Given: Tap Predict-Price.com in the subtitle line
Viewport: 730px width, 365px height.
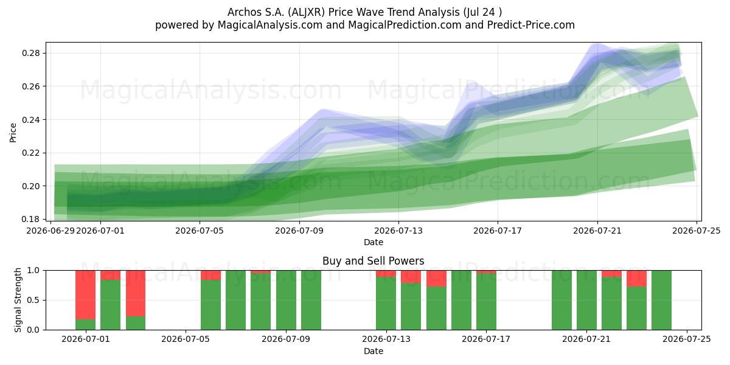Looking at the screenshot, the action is pos(531,25).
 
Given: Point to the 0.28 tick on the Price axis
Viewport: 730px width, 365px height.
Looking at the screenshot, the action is pos(31,53).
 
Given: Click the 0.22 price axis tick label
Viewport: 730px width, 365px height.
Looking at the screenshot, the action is pos(31,153).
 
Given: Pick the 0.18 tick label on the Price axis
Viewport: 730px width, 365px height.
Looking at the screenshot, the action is pos(31,219).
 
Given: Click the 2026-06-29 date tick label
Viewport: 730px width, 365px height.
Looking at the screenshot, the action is pos(50,231).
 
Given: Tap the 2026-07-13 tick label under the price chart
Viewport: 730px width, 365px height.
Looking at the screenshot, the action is pos(398,231).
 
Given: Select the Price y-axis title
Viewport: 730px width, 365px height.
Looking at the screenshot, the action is pos(13,133).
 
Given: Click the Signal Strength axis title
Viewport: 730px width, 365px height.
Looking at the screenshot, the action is pos(18,300).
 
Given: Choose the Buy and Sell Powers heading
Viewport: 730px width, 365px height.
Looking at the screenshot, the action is pos(373,261).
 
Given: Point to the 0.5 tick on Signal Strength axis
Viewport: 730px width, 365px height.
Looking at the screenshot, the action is pos(33,300).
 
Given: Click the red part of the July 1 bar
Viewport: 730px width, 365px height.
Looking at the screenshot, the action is pos(85,295).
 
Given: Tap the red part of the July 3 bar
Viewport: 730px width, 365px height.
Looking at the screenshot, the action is pos(136,293).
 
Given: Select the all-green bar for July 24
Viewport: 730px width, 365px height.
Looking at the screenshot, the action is pos(662,300).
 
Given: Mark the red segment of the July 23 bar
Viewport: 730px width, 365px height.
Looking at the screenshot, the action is pos(636,279).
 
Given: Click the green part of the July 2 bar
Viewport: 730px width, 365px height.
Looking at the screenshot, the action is pos(111,305).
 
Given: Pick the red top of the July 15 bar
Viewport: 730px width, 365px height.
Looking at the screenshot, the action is pos(436,279).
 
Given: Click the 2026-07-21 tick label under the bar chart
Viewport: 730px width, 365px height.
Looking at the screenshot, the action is pos(586,339).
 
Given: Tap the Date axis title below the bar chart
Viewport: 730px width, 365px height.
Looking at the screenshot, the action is pos(373,351).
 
